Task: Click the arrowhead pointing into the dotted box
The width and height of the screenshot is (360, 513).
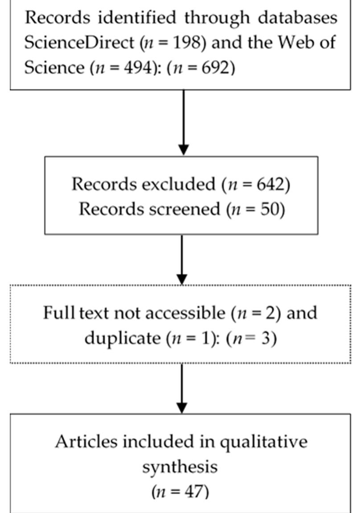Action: (182, 277)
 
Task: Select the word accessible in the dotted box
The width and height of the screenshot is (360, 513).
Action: (187, 313)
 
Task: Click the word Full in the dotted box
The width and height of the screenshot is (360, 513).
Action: (56, 313)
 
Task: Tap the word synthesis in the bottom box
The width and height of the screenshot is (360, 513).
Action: (180, 467)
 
